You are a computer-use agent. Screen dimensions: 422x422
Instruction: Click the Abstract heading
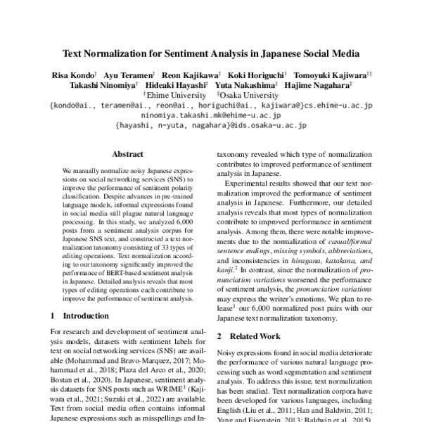pos(128,154)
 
